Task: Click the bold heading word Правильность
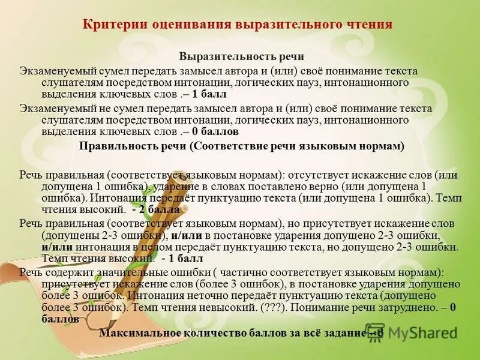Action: coord(114,146)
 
